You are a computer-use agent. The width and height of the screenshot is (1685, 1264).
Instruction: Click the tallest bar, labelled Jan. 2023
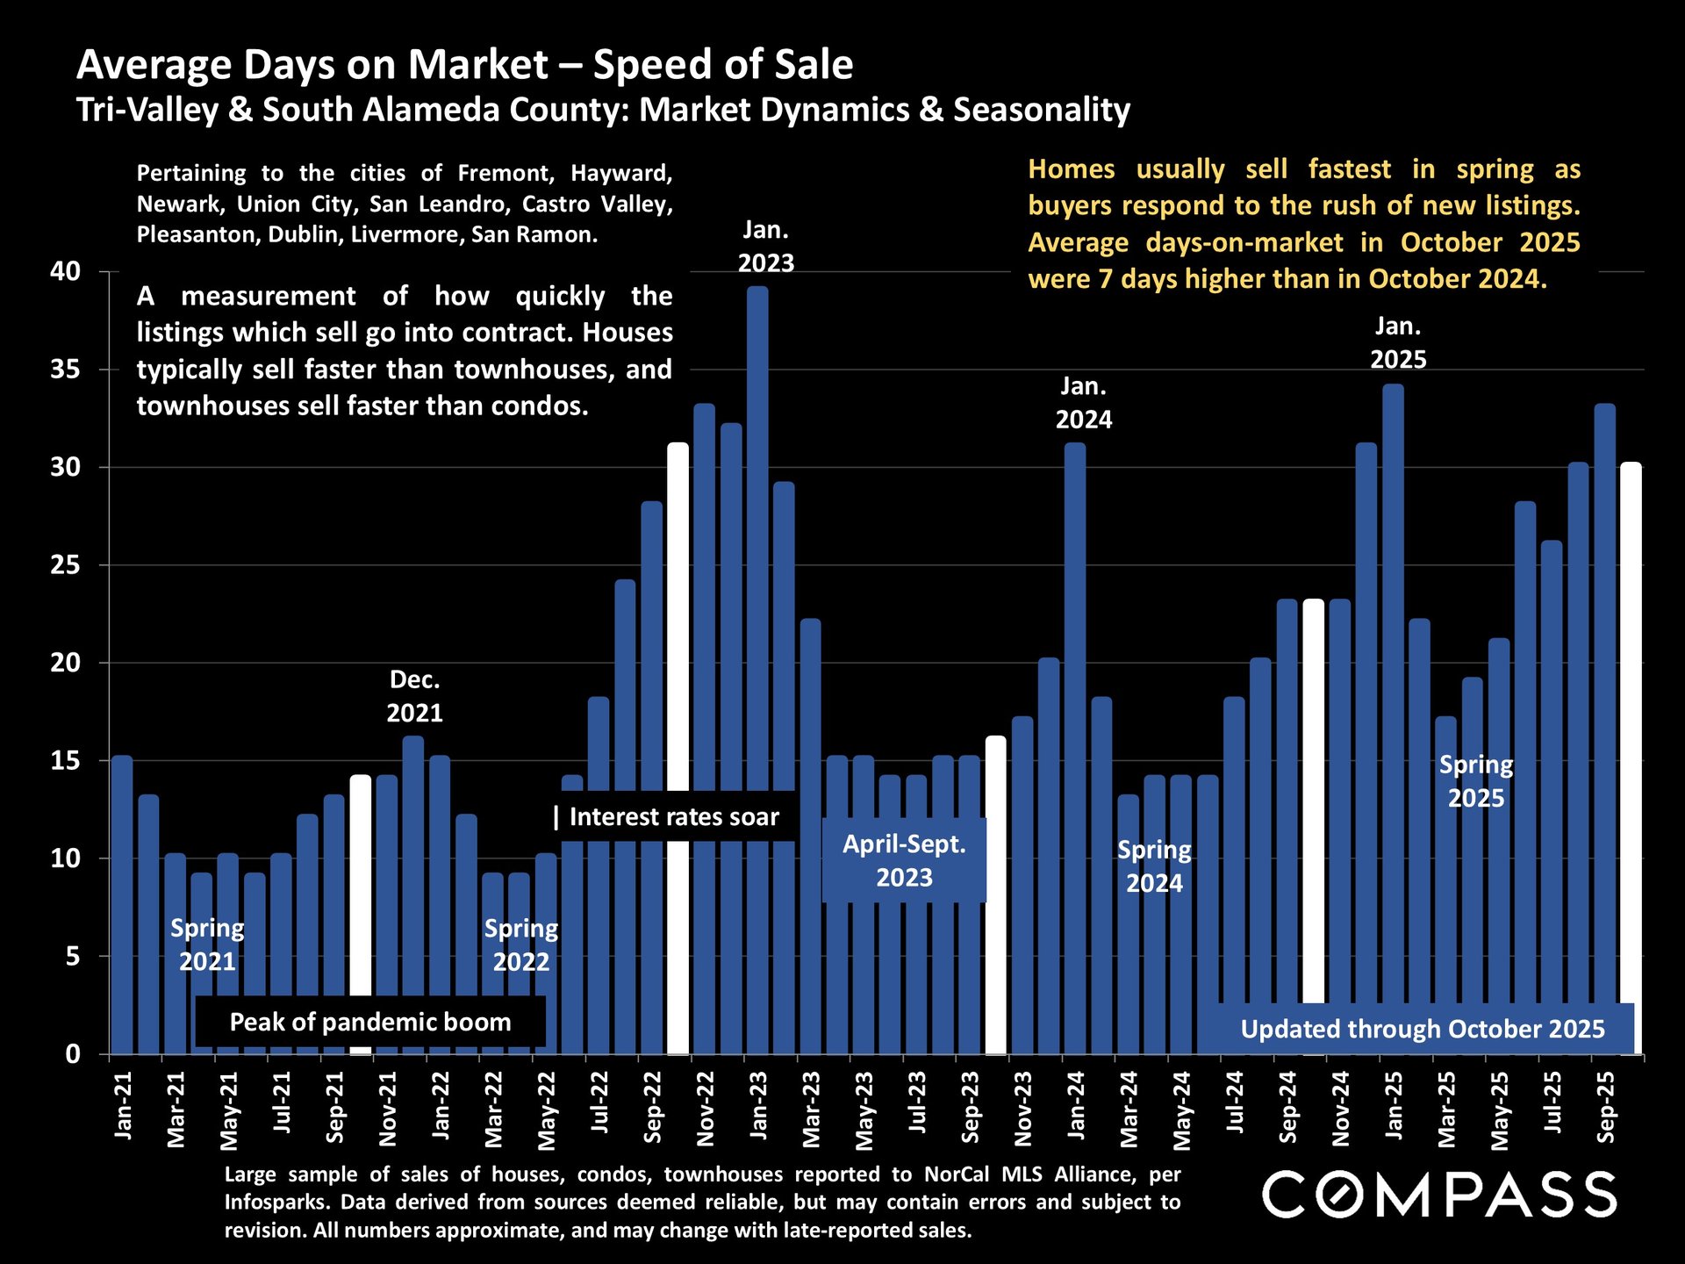(x=757, y=667)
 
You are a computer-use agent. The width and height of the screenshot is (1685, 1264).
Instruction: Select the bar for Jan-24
(x=1075, y=746)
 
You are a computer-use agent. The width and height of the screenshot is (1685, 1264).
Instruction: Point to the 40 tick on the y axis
(x=65, y=271)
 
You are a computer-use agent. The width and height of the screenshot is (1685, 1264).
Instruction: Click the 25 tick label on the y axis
(x=65, y=565)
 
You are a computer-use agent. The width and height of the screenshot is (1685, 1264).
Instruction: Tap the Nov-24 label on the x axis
(x=1340, y=1109)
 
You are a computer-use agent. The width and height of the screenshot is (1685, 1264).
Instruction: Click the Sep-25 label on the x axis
(x=1605, y=1108)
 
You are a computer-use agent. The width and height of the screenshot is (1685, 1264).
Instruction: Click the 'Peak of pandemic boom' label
(x=369, y=1022)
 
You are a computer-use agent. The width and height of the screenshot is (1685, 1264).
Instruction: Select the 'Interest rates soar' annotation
(x=673, y=817)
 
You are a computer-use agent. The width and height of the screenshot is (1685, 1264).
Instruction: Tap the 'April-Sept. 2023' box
(x=904, y=860)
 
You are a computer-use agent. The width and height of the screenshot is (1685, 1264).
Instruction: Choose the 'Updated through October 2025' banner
(x=1422, y=1029)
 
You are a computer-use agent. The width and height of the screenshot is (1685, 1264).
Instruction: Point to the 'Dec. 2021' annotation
(x=414, y=696)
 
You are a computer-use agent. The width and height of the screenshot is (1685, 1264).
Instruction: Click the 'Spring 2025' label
(x=1475, y=781)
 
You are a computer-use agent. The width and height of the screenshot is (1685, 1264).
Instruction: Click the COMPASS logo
(x=1439, y=1195)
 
